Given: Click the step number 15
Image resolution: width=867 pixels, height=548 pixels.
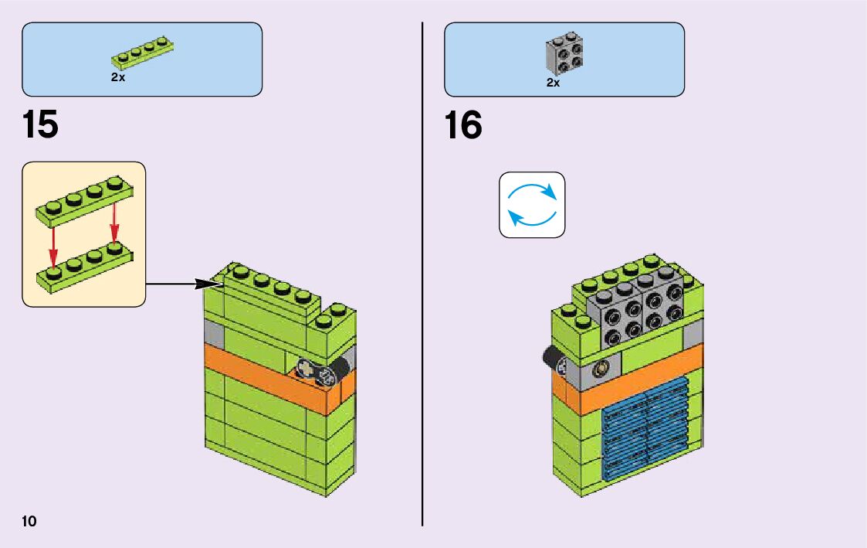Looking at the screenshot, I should coord(40,125).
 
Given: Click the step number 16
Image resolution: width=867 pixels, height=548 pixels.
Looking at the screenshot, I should coord(463,125).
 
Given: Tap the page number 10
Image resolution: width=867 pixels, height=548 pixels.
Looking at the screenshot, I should coord(29,520).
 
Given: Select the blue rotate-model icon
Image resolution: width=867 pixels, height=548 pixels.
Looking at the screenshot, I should coord(532,204).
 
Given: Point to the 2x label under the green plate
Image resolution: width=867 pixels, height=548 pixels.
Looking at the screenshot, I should coord(118,78).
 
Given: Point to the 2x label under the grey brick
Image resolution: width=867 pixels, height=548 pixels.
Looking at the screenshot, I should coord(553,83).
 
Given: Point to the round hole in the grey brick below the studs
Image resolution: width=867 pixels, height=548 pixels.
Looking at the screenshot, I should coord(600,372).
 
